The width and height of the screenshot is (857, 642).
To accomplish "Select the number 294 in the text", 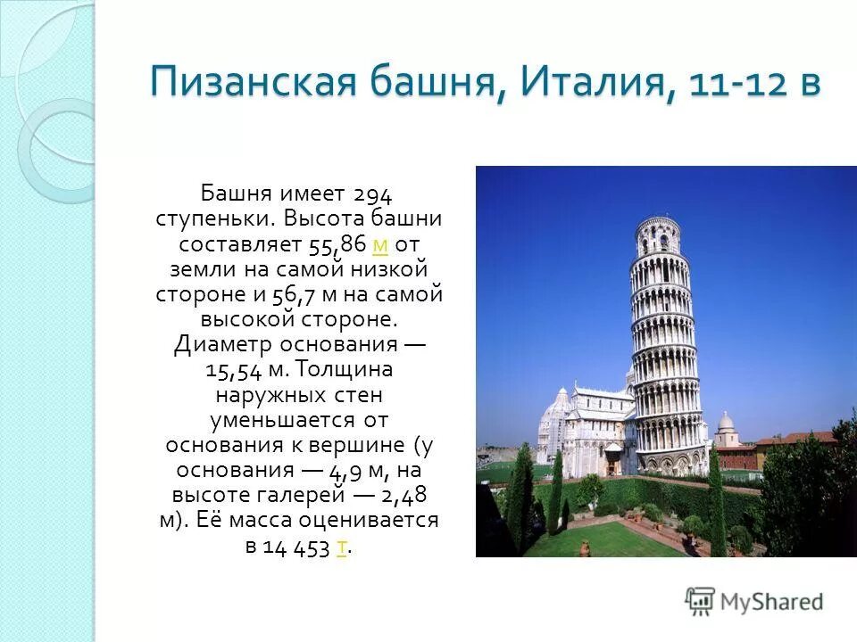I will point(373,193).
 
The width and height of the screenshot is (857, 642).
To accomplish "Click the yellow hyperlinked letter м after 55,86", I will point(379,243).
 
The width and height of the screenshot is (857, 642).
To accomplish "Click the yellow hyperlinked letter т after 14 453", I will point(342,547).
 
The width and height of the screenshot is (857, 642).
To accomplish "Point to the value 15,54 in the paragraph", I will point(233,369).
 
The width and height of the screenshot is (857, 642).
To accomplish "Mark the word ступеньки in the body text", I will point(215,218).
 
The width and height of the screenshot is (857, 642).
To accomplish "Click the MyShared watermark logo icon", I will point(701,601).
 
